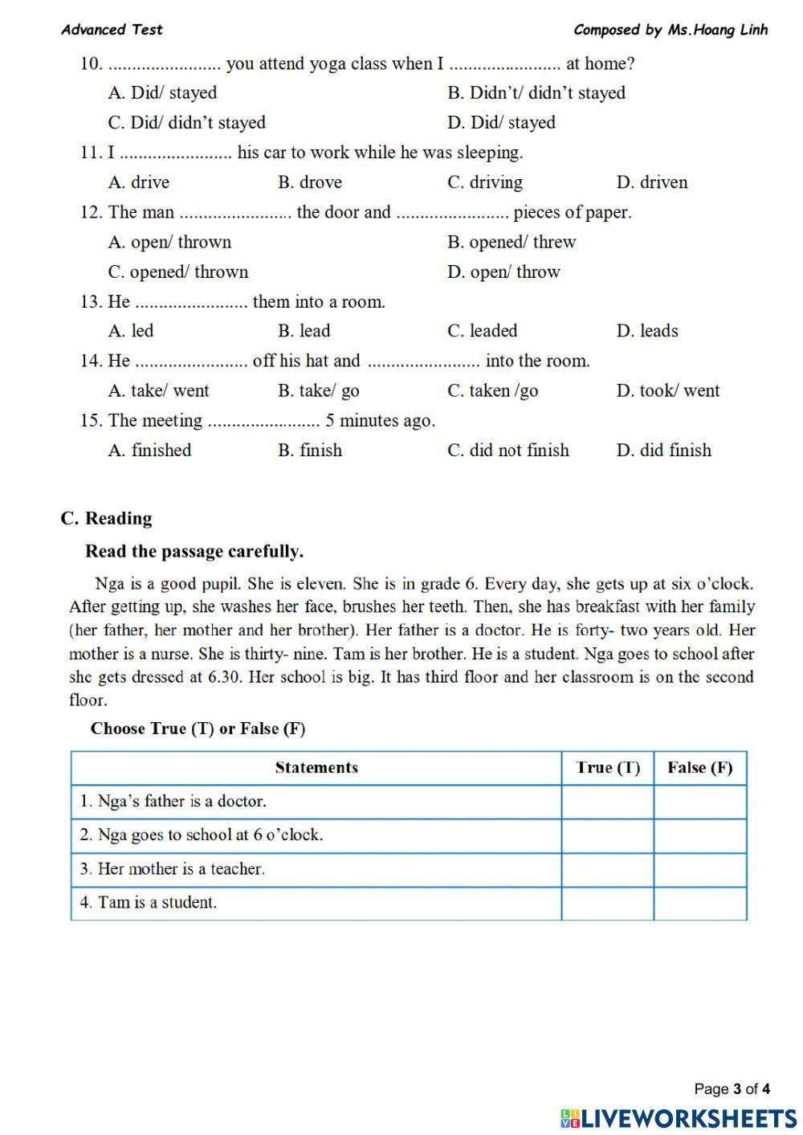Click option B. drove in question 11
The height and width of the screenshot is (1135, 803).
(x=309, y=182)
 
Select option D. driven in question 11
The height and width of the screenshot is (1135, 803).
(x=651, y=182)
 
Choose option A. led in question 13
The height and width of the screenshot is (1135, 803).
(x=131, y=331)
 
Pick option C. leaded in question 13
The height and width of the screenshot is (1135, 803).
(x=482, y=331)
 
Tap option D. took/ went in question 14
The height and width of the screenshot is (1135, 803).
(x=667, y=391)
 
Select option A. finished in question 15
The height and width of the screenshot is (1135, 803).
(x=150, y=451)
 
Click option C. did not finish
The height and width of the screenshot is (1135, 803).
(x=507, y=451)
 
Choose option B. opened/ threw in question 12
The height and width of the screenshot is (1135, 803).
(x=512, y=243)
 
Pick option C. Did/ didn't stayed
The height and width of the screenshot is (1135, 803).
(x=187, y=123)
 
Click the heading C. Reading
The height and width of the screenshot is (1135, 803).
(x=106, y=519)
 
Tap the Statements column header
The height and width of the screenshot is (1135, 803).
(x=316, y=768)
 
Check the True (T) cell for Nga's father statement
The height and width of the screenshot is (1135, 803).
(x=607, y=802)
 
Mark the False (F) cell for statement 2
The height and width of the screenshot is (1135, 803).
(x=699, y=835)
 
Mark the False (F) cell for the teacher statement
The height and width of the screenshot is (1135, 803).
(x=699, y=869)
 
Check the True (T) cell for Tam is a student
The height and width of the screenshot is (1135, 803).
(x=607, y=903)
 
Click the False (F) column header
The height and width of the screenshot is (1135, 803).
(x=699, y=768)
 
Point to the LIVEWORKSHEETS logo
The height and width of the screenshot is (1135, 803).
(x=679, y=1117)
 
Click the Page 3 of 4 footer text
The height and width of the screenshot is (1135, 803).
(x=732, y=1089)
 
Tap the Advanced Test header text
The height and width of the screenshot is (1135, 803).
(x=112, y=31)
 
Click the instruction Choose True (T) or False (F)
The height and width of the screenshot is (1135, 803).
(x=198, y=729)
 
